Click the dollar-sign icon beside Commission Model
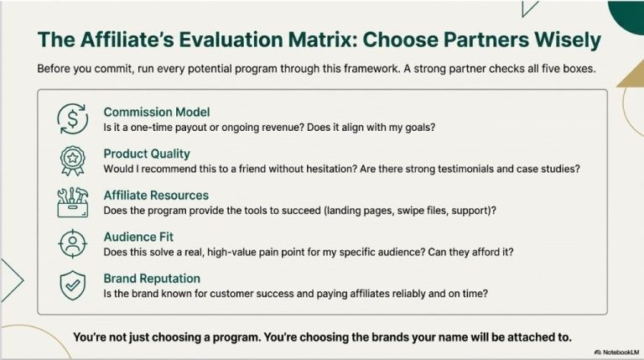[71, 119]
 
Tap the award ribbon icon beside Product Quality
[71, 160]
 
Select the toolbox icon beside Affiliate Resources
[71, 202]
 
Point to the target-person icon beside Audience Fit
[71, 244]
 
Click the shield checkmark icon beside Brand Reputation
[71, 285]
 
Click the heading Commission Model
[157, 112]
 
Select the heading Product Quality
[147, 154]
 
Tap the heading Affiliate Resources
[156, 196]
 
